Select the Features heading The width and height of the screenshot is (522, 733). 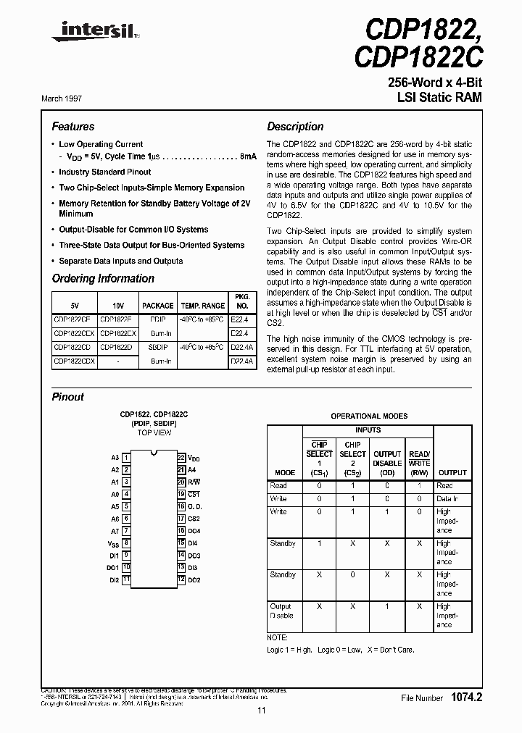tap(73, 126)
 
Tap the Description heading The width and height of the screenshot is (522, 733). tap(295, 126)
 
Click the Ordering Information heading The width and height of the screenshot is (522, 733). tap(103, 279)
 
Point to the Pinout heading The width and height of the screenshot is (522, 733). tap(67, 397)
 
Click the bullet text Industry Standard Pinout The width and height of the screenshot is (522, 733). tap(105, 172)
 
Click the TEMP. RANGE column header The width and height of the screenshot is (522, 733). tap(202, 306)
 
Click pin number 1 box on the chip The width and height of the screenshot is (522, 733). tap(126, 458)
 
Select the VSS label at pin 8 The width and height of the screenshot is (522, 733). tap(114, 543)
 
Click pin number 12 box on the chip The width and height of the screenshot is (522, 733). tap(181, 580)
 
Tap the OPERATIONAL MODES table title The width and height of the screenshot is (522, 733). tap(369, 416)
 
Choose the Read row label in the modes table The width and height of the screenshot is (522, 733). tap(278, 486)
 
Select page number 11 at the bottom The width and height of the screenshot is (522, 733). tap(261, 711)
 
